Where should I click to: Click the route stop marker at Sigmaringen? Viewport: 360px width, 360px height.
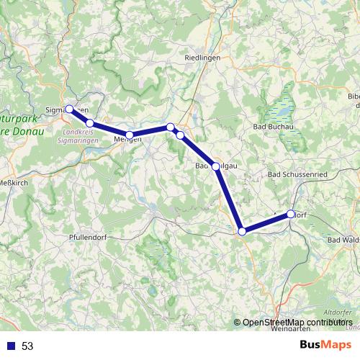69,109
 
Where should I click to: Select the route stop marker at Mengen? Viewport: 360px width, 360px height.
130,135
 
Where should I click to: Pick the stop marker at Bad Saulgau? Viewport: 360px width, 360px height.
216,166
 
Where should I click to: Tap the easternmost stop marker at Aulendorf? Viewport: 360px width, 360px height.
291,214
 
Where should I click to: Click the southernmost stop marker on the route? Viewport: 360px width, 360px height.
243,231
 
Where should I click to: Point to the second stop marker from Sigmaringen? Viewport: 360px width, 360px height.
89,123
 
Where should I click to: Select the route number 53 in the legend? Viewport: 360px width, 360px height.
27,346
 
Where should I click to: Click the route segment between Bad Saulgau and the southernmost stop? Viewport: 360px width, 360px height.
230,199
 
